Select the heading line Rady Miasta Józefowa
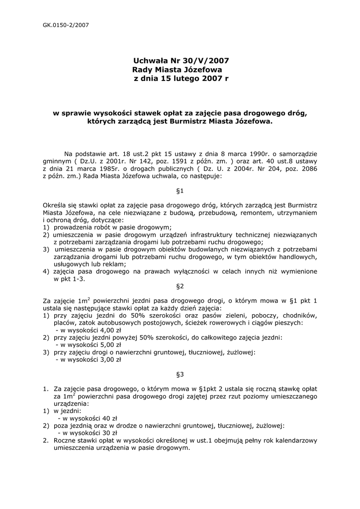coord(177,70)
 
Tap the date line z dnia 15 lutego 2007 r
coord(181,79)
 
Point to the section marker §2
coord(180,286)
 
